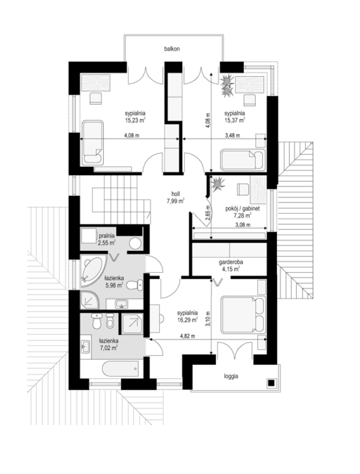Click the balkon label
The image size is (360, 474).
[x=172, y=48]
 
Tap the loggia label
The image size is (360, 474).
[x=231, y=377]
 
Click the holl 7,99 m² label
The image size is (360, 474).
[x=176, y=198]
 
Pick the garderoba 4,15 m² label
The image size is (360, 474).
[x=231, y=265]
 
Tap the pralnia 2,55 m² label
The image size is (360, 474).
[x=106, y=239]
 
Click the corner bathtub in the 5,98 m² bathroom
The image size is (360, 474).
[x=93, y=272]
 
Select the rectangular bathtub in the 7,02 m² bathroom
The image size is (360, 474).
[x=120, y=368]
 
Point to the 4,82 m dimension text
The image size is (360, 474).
[x=188, y=336]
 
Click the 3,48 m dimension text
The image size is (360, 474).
[x=233, y=136]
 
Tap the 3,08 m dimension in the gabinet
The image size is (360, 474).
[x=243, y=225]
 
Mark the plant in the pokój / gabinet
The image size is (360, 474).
[x=217, y=183]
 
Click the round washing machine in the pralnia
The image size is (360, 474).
[x=135, y=243]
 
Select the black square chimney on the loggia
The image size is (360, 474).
[x=271, y=383]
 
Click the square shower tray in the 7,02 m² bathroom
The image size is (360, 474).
[x=132, y=323]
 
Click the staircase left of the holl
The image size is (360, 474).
[x=116, y=200]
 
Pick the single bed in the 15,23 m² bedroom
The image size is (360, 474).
[x=92, y=143]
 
